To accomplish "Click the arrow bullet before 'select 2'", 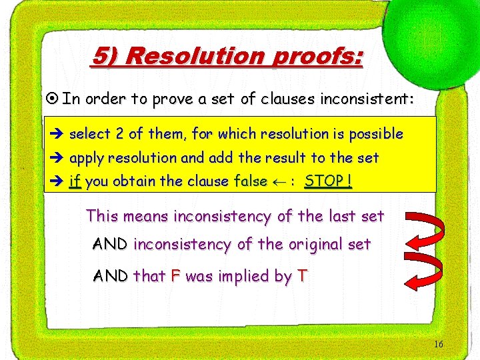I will tap(57, 134).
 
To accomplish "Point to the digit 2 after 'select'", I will tap(119, 134).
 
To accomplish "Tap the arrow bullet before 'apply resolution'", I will tap(57, 159).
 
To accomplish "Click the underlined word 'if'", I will tap(75, 182).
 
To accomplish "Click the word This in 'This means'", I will tap(101, 216).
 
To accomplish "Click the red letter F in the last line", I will tap(175, 275).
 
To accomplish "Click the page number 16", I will tap(438, 344).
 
